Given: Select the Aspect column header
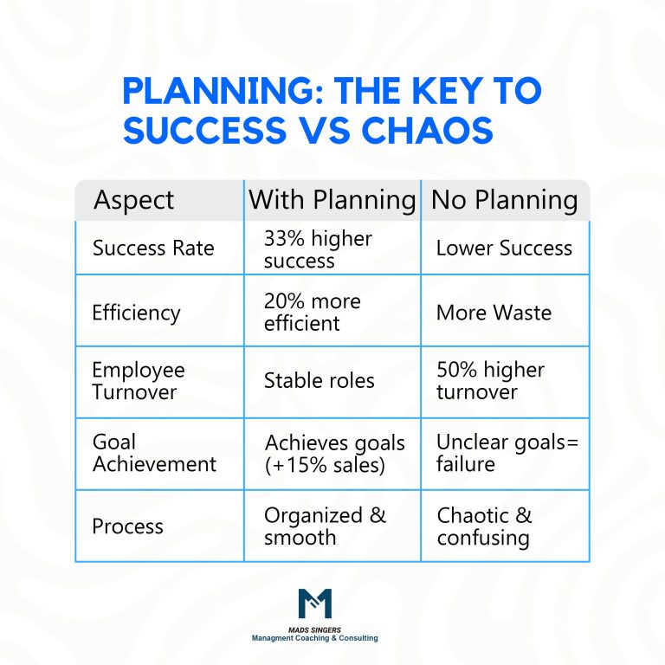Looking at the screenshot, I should pos(133,200).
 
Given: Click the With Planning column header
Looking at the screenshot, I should pos(332,200).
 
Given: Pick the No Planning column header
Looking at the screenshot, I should pos(504,200).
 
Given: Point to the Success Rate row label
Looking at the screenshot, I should pos(152,249).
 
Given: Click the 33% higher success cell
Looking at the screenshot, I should pos(318,249).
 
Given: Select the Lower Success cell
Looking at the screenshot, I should pos(504,249).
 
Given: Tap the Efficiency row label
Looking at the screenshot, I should pos(136,312).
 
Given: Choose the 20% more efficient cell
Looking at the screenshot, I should pos(313,312).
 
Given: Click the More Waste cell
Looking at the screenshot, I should pos(494,312).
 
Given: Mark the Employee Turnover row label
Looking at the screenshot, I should pos(139,380).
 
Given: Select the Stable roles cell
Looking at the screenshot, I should pos(319,380).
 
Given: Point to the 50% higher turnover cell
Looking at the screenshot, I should pos(490,380).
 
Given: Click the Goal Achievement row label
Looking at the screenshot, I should pos(154,453).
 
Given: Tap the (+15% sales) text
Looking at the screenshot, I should pos(325,465).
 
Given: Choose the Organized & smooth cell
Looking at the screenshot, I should pos(325,526).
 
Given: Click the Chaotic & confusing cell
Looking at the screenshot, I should pos(484,526).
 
